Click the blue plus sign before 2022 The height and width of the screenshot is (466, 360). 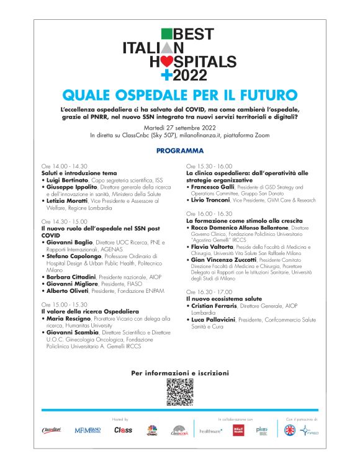(x=165, y=76)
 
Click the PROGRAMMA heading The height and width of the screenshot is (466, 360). (x=180, y=151)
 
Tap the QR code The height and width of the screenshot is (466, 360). (x=179, y=392)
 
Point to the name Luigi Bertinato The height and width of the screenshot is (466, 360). (x=65, y=179)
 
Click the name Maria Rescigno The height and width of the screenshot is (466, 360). (x=68, y=319)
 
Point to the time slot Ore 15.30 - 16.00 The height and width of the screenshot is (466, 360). (x=209, y=167)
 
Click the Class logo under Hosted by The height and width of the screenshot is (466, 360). (x=123, y=430)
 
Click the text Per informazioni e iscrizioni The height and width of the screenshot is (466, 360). (x=179, y=373)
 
